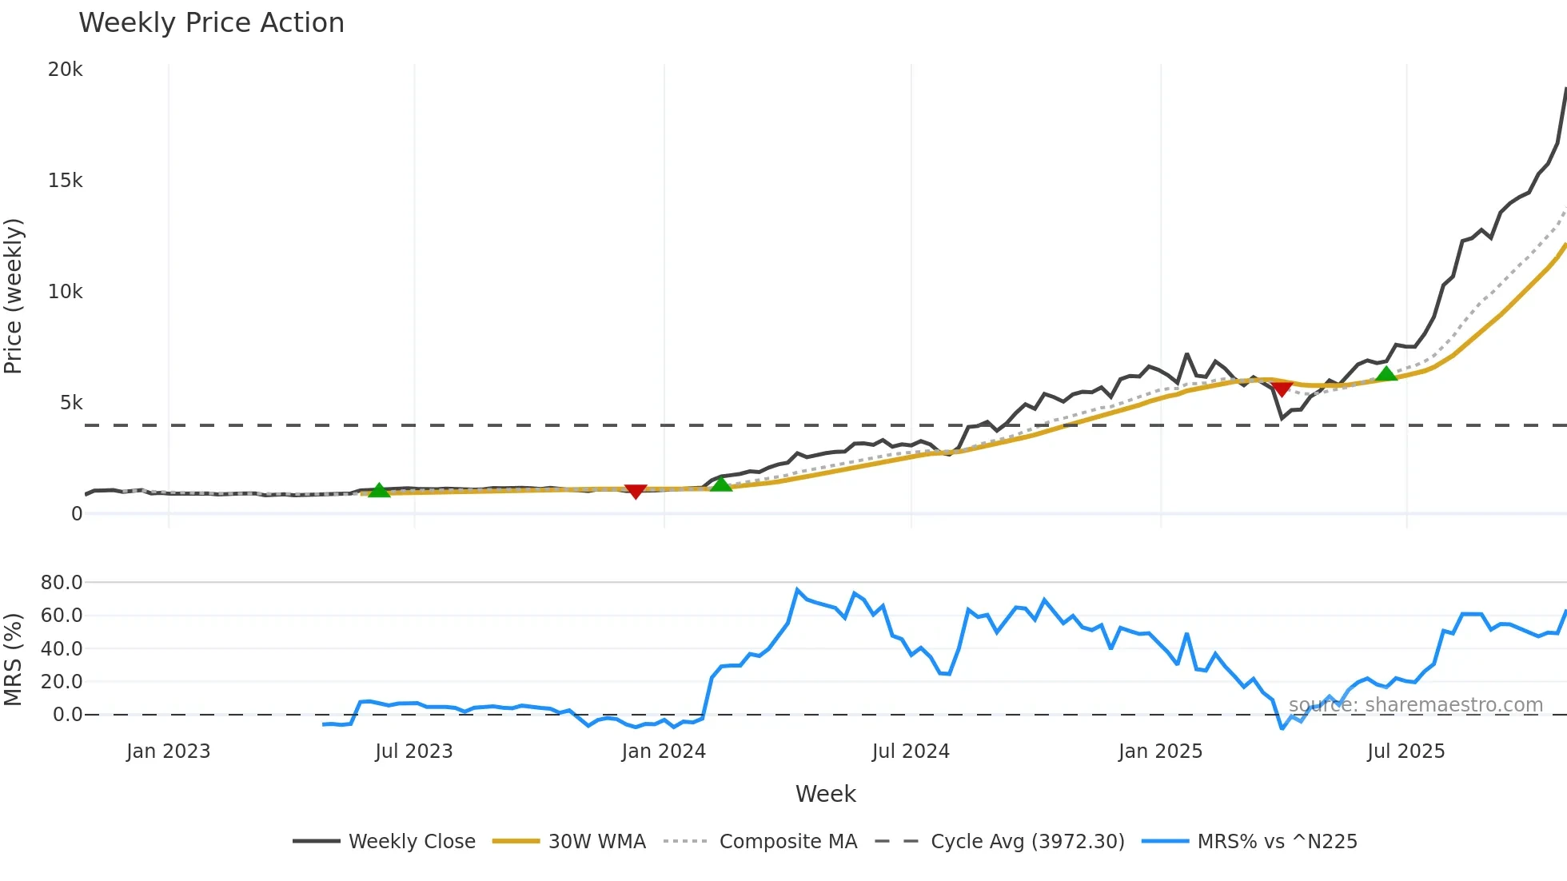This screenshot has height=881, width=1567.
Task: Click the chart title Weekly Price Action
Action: click(211, 23)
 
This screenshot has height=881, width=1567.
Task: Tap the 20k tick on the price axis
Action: click(65, 70)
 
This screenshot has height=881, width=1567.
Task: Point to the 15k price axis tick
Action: click(65, 181)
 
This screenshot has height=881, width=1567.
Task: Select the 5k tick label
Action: click(70, 403)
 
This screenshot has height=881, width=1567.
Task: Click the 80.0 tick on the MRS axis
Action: click(62, 583)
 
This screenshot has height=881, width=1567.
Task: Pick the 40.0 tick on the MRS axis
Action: click(62, 649)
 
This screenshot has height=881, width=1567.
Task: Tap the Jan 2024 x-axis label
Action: click(664, 751)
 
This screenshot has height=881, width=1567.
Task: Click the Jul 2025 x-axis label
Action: click(1406, 751)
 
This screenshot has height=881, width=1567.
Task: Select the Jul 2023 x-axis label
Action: click(413, 751)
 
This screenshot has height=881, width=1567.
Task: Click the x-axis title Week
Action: click(825, 794)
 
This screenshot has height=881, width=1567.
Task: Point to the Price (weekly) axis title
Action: click(13, 296)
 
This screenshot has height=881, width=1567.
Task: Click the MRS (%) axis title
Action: click(13, 660)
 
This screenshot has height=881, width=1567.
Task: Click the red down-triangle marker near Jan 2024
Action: click(636, 491)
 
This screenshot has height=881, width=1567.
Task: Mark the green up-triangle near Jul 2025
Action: click(1386, 373)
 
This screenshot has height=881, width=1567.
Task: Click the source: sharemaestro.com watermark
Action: click(1415, 705)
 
